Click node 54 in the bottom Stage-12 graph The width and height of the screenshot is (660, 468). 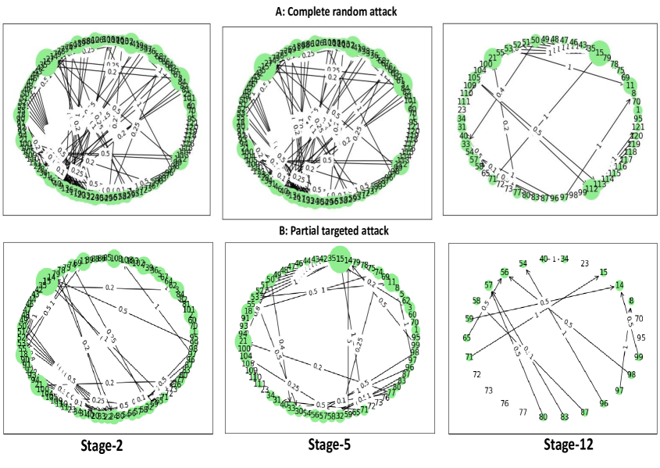click(523, 263)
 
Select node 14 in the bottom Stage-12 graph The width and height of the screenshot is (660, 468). click(619, 285)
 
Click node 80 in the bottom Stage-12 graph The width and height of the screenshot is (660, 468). click(543, 416)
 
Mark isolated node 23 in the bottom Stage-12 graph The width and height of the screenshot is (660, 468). click(584, 263)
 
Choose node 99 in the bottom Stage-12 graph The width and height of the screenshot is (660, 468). click(638, 356)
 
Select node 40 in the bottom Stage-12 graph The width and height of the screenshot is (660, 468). click(544, 259)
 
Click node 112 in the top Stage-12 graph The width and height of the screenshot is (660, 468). click(591, 188)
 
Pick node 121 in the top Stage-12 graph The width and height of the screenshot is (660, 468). click(637, 127)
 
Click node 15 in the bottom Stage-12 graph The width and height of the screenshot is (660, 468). click(603, 272)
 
